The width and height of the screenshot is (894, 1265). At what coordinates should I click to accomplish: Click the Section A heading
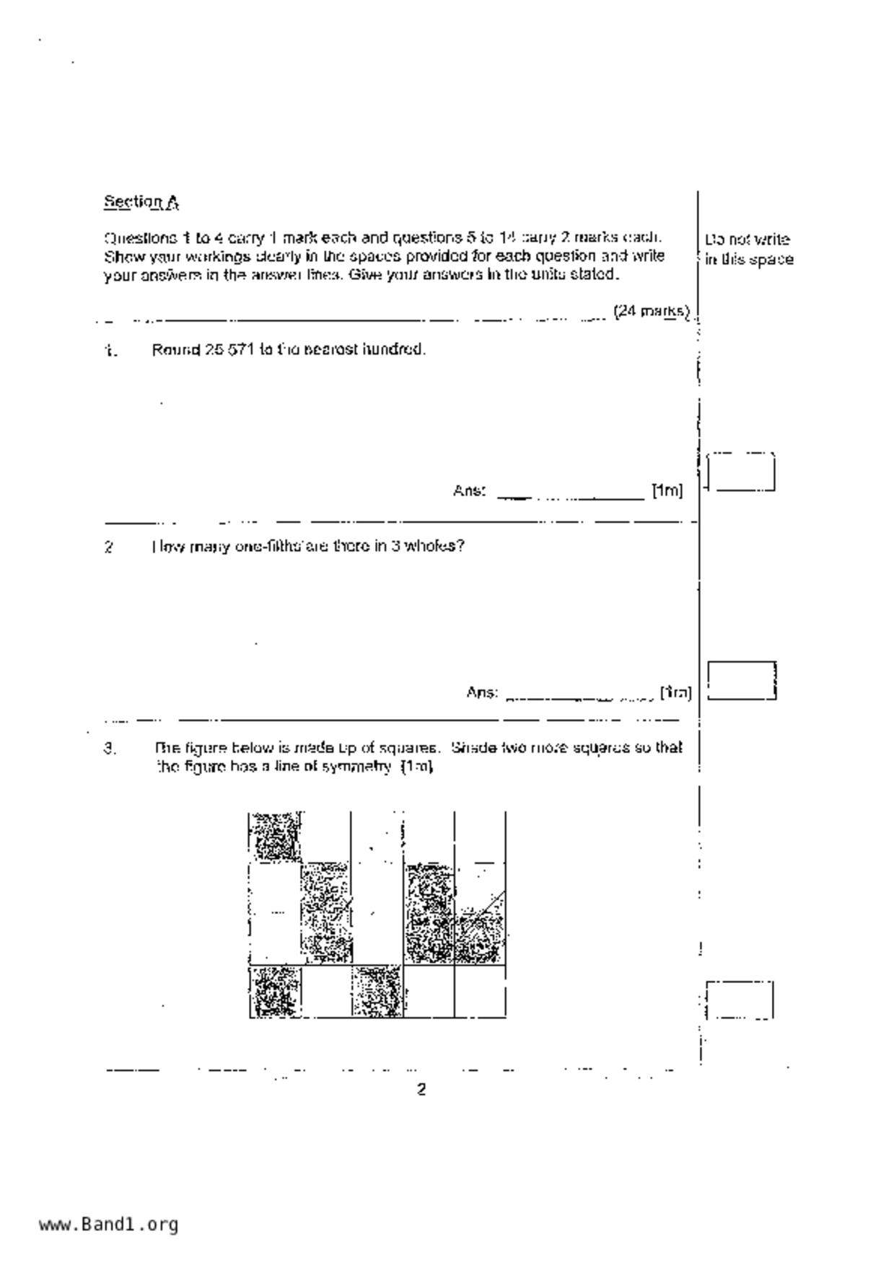141,202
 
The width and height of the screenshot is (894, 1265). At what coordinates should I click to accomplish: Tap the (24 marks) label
651,312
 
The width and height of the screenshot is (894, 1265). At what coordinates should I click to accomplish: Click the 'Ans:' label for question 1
469,491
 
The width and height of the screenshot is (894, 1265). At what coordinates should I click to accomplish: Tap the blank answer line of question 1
570,495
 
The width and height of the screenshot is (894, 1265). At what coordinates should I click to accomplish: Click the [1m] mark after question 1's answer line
667,491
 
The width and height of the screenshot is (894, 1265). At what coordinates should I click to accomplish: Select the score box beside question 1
740,473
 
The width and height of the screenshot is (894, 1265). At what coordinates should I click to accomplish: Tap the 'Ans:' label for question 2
482,693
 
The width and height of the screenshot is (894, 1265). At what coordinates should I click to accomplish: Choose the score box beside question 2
741,681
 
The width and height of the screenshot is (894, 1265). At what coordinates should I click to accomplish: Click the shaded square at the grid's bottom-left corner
275,991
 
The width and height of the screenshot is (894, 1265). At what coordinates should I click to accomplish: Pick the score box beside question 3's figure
740,1000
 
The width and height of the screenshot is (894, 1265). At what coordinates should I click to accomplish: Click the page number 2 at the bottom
421,1089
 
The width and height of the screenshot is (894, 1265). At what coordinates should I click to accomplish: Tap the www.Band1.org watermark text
108,1224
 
